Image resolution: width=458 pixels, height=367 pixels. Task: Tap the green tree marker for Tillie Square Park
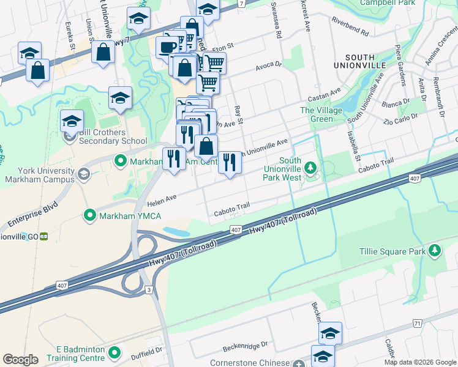tap(435, 250)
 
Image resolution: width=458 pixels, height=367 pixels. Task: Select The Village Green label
tap(317, 114)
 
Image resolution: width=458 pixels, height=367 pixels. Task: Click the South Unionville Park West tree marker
tap(311, 167)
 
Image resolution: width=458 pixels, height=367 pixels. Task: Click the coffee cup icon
tap(167, 47)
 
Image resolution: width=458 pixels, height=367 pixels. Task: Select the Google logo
tap(21, 360)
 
